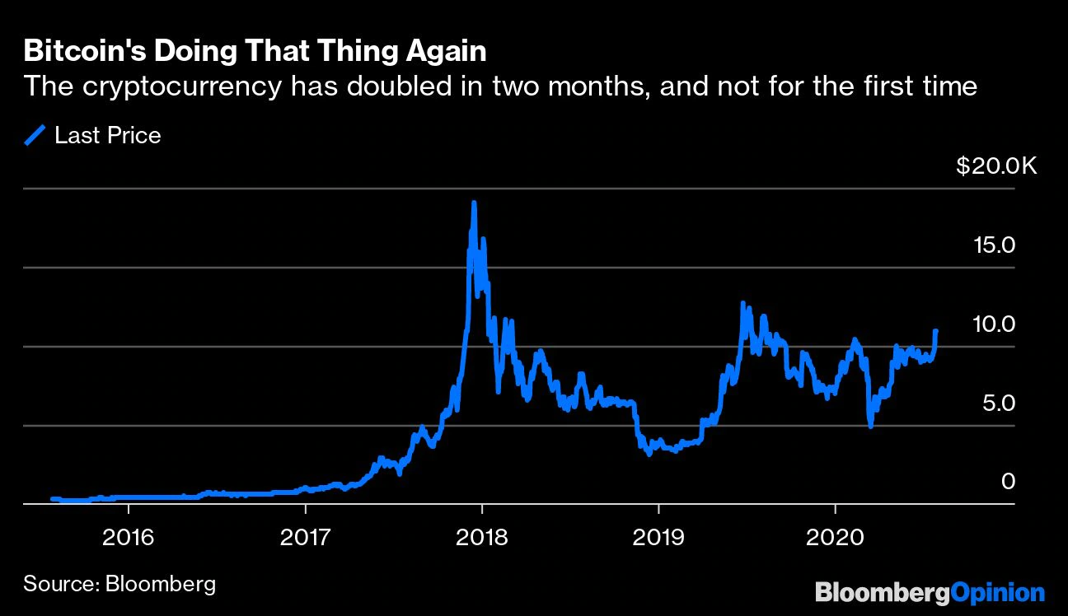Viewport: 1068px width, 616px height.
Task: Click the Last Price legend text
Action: click(x=107, y=136)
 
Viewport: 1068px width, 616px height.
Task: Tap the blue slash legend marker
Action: click(x=36, y=135)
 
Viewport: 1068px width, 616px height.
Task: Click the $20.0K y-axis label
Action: click(x=996, y=166)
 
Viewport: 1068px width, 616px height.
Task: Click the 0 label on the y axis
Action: click(x=1008, y=482)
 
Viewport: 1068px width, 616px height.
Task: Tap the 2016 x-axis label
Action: click(x=128, y=537)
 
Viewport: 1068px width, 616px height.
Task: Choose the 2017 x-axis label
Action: click(x=305, y=537)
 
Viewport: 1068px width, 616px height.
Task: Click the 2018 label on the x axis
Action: click(x=482, y=537)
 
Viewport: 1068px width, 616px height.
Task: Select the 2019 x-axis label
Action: click(x=658, y=537)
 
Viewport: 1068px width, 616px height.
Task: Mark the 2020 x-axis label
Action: click(x=835, y=537)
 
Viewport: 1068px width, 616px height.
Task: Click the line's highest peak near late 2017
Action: click(x=473, y=203)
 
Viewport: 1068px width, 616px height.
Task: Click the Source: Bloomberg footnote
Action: click(x=119, y=585)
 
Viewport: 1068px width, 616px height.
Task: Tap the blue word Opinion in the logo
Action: click(x=998, y=593)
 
